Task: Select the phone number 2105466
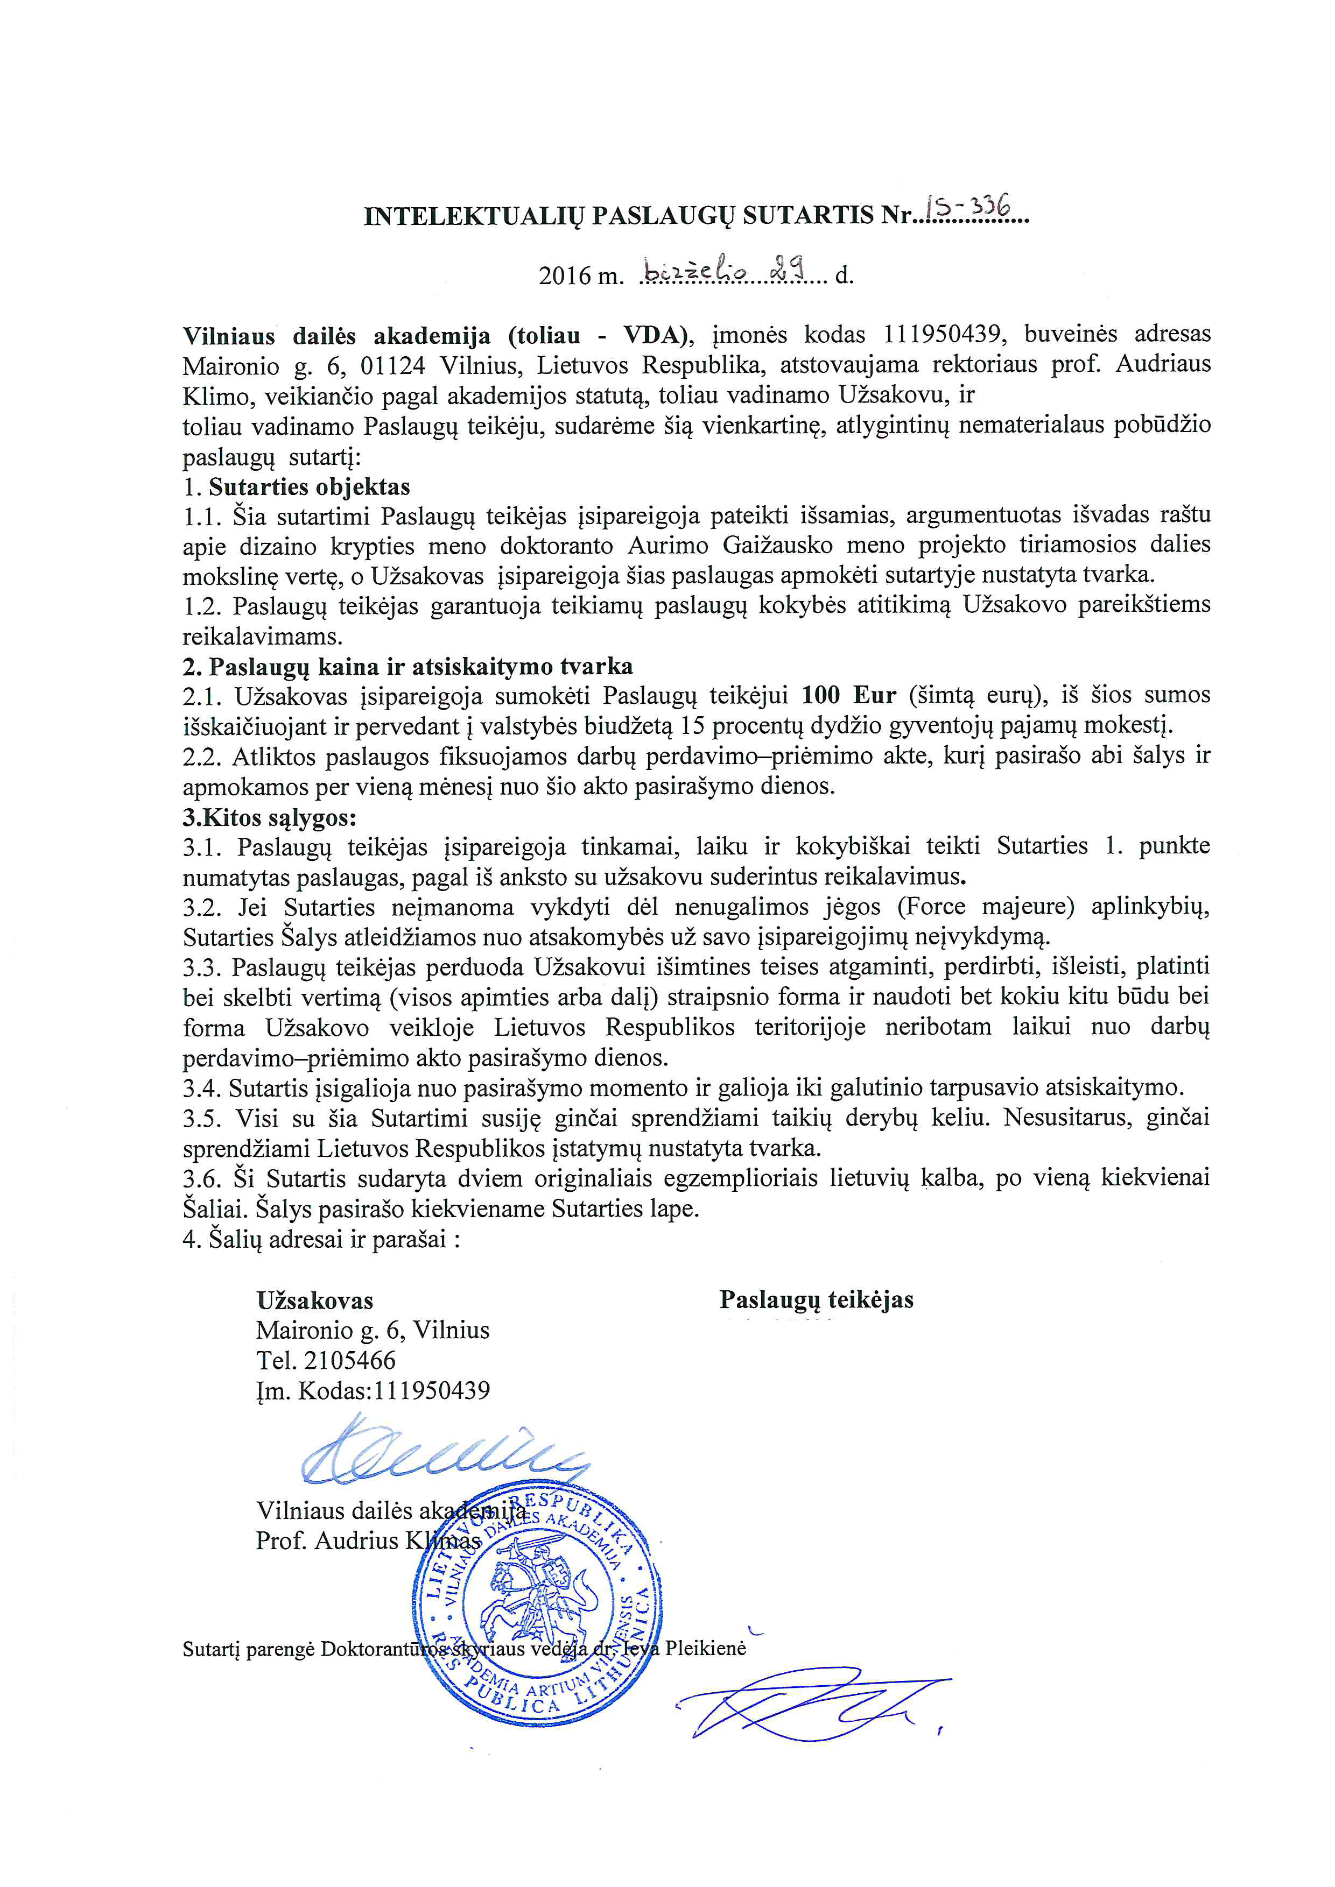point(350,1360)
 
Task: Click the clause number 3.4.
point(201,1088)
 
